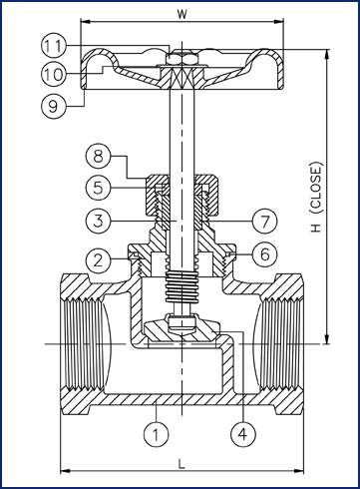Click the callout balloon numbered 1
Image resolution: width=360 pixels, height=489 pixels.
(156, 434)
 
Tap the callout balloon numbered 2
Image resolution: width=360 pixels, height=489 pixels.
(98, 260)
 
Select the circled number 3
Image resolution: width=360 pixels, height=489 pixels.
(98, 221)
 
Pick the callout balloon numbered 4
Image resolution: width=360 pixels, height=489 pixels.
(243, 434)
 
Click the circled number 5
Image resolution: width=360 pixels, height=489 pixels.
(98, 188)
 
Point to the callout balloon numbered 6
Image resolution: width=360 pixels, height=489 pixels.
(264, 254)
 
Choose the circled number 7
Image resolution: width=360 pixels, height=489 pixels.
(264, 221)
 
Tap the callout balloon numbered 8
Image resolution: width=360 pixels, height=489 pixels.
(98, 156)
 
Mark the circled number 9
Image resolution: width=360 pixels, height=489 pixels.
(54, 106)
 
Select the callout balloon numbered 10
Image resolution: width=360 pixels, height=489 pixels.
(54, 74)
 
